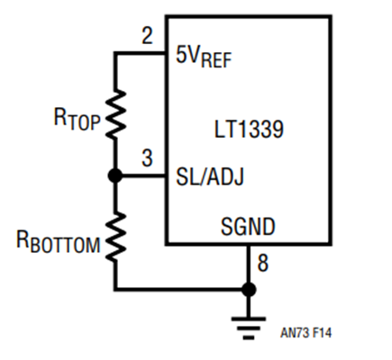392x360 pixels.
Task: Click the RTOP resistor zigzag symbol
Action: click(115, 114)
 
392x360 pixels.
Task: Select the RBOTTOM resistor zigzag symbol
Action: click(115, 238)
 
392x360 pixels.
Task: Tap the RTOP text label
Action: click(77, 119)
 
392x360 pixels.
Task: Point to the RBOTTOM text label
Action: click(58, 242)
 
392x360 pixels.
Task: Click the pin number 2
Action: click(147, 36)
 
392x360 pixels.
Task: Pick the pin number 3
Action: click(147, 158)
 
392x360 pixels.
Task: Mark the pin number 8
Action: click(263, 263)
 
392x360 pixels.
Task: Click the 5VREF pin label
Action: click(204, 57)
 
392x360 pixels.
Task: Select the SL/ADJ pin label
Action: click(210, 176)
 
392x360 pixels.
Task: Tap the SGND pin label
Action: click(248, 227)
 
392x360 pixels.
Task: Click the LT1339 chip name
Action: click(249, 130)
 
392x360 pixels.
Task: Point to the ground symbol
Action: click(249, 328)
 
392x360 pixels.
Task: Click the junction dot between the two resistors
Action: click(115, 175)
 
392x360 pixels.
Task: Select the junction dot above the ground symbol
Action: click(249, 290)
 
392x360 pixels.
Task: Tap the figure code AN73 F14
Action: click(305, 333)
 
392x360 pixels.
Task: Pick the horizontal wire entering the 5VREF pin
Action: click(140, 53)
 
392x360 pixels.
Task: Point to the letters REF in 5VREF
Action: click(216, 60)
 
